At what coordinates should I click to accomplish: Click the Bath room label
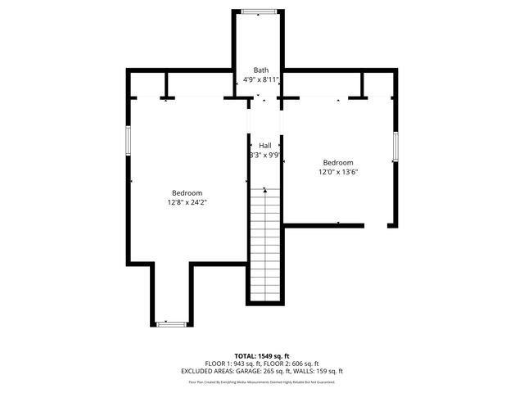[x=261, y=70]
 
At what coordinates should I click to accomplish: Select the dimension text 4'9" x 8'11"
[x=261, y=80]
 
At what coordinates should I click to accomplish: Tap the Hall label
[x=265, y=145]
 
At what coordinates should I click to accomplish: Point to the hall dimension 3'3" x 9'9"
[x=265, y=155]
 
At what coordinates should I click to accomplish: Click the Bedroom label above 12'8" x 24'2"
[x=187, y=192]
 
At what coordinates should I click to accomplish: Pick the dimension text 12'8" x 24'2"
[x=187, y=202]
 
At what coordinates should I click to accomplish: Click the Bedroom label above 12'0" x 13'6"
[x=338, y=162]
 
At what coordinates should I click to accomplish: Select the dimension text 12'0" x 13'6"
[x=338, y=172]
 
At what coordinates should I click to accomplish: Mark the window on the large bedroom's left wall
[x=128, y=139]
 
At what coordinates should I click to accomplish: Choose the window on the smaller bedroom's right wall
[x=395, y=146]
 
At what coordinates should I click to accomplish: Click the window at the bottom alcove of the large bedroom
[x=171, y=324]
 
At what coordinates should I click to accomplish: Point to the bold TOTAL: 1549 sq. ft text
[x=261, y=356]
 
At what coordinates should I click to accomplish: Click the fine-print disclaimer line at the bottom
[x=261, y=382]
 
